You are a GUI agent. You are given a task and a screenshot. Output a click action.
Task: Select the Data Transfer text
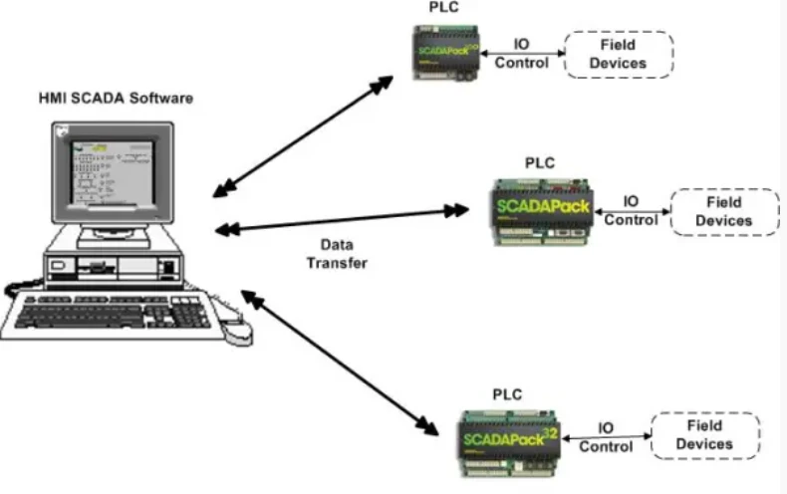pos(337,254)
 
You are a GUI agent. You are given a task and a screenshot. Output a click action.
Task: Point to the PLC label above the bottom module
pos(507,394)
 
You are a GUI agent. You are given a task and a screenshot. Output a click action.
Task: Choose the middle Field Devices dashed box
pos(724,211)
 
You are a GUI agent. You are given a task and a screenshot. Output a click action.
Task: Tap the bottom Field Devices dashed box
pos(704,435)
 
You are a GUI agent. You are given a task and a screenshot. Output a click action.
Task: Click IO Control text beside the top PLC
pos(521,54)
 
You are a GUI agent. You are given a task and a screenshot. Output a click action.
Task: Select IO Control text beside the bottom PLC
pos(606,437)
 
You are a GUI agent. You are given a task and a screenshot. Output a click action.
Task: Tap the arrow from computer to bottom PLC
pos(339,363)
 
